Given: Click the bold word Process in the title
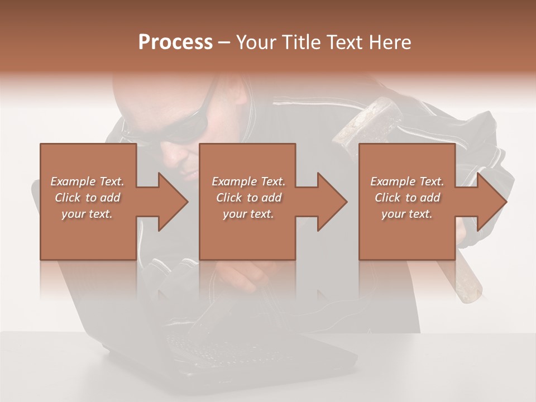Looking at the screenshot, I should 175,42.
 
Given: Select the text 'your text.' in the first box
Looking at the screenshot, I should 87,213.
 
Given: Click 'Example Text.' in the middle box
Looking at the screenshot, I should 248,181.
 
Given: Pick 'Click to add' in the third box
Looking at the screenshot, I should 407,198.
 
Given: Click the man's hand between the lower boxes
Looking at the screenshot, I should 246,276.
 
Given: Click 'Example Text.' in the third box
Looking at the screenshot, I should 407,181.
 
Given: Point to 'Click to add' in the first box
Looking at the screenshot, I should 87,198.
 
